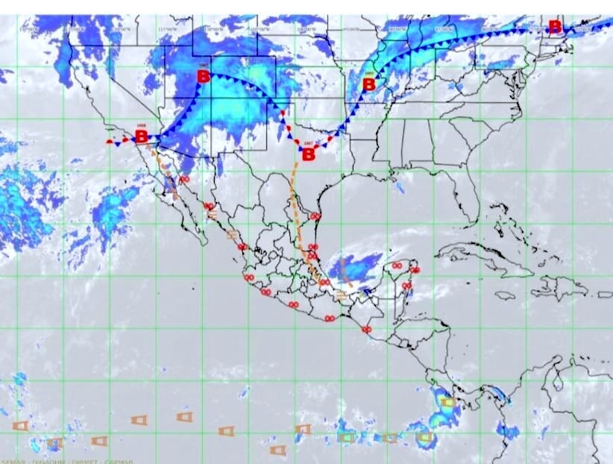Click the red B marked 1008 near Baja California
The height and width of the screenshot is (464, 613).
(140, 137)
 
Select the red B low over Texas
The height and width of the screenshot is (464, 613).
(307, 154)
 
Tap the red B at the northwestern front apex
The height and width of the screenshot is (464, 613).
(203, 76)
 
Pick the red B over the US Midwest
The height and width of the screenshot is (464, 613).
(368, 84)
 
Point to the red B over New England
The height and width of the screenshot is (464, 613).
(555, 27)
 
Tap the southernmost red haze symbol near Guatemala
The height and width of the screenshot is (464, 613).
(366, 329)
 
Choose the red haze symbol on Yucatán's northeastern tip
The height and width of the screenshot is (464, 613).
(415, 270)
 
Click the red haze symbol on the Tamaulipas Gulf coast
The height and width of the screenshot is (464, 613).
(315, 216)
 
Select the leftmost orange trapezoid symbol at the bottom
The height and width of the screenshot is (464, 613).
(20, 425)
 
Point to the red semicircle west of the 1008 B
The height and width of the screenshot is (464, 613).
(110, 139)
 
